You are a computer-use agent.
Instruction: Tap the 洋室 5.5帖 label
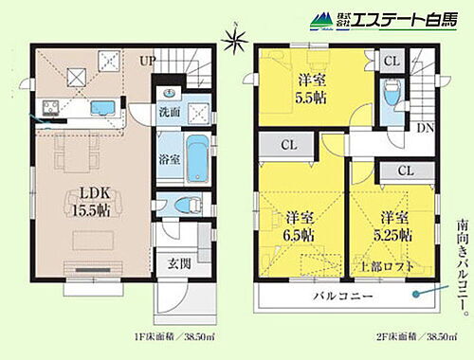pos(306,87)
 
